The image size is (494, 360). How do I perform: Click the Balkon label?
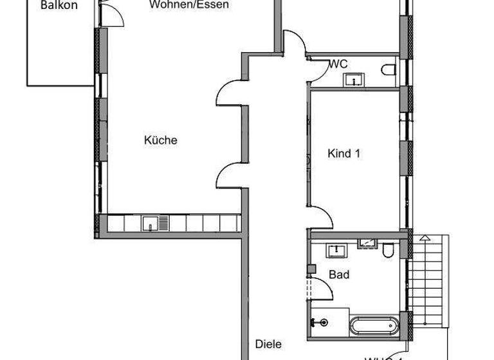(x=59, y=5)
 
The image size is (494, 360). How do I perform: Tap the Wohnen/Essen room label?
(x=188, y=4)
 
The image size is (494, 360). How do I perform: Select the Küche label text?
(x=160, y=140)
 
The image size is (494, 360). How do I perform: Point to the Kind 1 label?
(x=343, y=154)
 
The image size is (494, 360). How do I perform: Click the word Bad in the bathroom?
(x=339, y=274)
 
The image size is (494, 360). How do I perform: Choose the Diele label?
(x=268, y=344)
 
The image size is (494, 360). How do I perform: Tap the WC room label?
(x=338, y=64)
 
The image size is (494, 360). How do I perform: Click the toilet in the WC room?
(x=388, y=71)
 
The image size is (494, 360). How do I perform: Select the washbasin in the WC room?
(x=353, y=80)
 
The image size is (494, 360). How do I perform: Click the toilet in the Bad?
(x=388, y=251)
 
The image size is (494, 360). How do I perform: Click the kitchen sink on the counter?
(x=150, y=223)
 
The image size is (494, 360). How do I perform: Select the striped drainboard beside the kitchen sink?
(x=163, y=223)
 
